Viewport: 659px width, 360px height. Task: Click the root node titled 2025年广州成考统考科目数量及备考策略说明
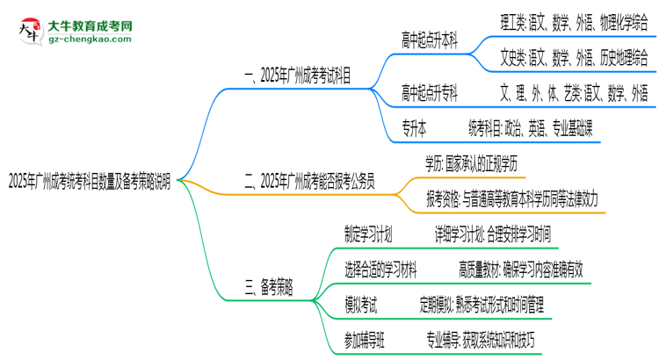(95, 182)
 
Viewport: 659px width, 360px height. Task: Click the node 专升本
(414, 128)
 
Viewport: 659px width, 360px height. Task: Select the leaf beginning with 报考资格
(512, 199)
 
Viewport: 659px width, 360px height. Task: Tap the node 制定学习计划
(368, 234)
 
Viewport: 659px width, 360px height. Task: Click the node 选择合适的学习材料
(380, 269)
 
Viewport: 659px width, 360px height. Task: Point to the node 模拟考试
(361, 304)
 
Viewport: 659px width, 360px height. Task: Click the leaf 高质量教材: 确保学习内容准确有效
(519, 269)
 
